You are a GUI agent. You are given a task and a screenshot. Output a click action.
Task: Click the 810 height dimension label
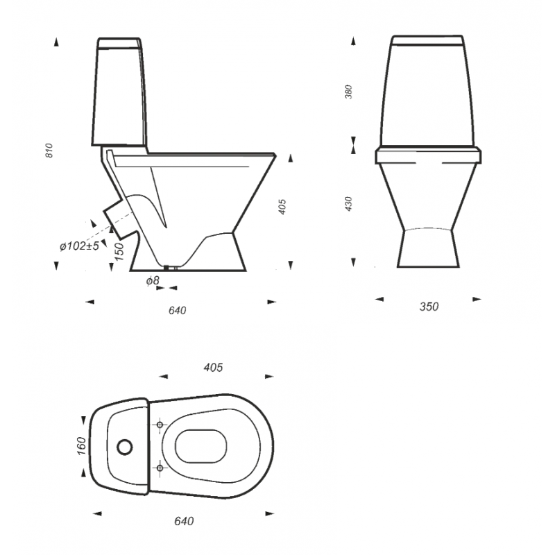point(49,151)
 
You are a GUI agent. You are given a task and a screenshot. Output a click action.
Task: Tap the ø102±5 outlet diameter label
point(79,246)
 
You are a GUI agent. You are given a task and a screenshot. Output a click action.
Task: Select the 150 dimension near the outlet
point(119,252)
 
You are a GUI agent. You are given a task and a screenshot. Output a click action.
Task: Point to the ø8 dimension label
point(153,281)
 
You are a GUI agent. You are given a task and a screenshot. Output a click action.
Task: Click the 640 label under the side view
point(177,310)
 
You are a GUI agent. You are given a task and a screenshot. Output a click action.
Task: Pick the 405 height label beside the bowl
point(282,207)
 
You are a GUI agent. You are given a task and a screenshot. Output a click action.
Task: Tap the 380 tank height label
point(349,92)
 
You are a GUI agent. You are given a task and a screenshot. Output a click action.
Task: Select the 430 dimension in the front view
point(349,204)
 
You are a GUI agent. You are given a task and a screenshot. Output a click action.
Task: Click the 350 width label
point(429,307)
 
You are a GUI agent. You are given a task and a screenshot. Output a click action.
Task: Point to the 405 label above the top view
point(213,368)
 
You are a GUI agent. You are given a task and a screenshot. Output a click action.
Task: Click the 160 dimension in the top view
point(81,446)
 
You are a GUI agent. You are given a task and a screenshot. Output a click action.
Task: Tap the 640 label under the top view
point(184,522)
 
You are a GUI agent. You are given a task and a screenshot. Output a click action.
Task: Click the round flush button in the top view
point(125,447)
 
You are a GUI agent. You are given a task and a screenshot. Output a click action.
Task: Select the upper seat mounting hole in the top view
point(160,425)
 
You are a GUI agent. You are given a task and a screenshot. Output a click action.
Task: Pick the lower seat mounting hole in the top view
point(160,468)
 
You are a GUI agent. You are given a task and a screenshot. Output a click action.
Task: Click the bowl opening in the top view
point(201,446)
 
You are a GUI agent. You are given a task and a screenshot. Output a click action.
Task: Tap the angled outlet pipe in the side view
point(119,218)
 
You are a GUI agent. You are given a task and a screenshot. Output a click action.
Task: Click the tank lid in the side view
point(119,43)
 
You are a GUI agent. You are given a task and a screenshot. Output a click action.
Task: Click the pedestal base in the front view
point(428,248)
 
